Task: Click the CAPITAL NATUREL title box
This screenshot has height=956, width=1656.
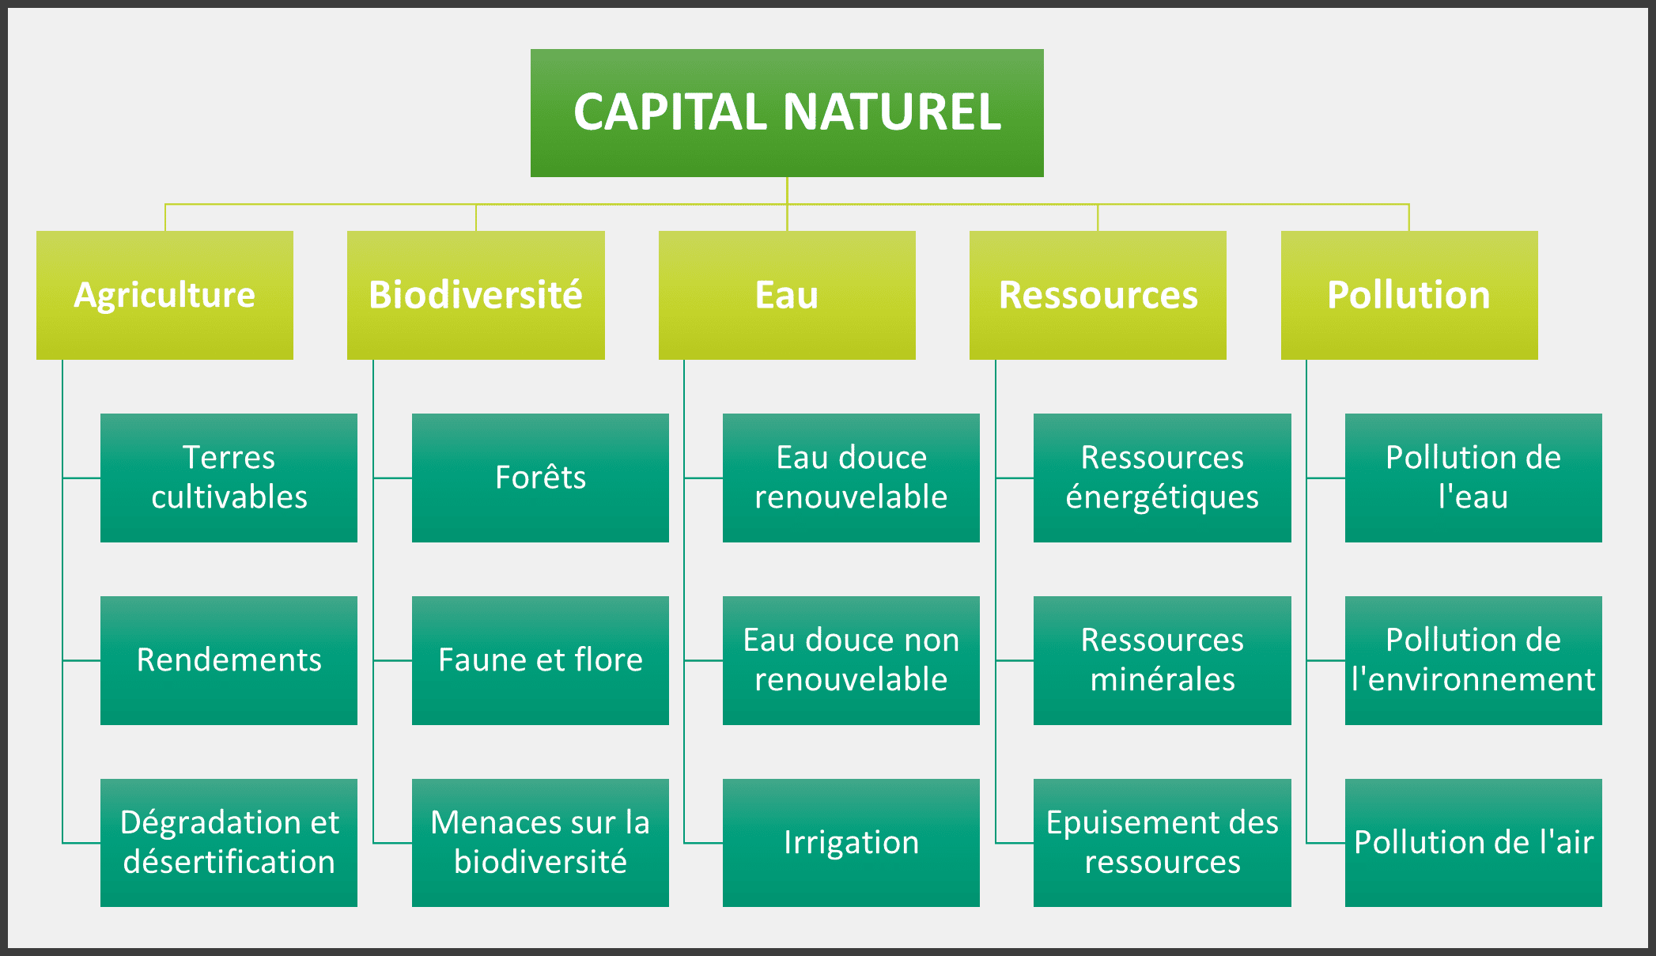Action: click(x=787, y=112)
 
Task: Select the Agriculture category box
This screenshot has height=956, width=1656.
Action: click(x=164, y=295)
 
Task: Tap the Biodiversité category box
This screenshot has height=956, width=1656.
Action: click(x=475, y=295)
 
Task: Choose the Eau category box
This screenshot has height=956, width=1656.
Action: click(x=787, y=295)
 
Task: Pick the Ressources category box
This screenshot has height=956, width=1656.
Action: click(x=1098, y=295)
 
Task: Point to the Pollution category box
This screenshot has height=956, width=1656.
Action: click(x=1409, y=295)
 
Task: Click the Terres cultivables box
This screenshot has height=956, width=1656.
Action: click(x=229, y=478)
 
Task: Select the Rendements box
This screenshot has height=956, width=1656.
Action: click(x=229, y=660)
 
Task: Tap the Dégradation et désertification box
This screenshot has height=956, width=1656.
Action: click(x=229, y=842)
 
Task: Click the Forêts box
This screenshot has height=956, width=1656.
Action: click(x=540, y=478)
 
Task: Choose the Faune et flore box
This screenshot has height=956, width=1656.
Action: click(x=540, y=660)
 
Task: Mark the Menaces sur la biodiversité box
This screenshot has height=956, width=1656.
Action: click(x=540, y=842)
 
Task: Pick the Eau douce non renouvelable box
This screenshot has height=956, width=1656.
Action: click(x=851, y=660)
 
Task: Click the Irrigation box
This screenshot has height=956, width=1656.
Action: click(x=851, y=842)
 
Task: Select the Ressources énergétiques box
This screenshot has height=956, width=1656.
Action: click(x=1162, y=478)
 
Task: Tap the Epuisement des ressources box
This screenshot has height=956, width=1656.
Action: click(x=1162, y=842)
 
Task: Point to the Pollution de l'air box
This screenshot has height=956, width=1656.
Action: click(x=1473, y=842)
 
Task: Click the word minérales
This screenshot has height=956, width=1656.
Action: click(x=1163, y=680)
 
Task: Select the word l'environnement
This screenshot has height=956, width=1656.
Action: click(x=1473, y=680)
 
